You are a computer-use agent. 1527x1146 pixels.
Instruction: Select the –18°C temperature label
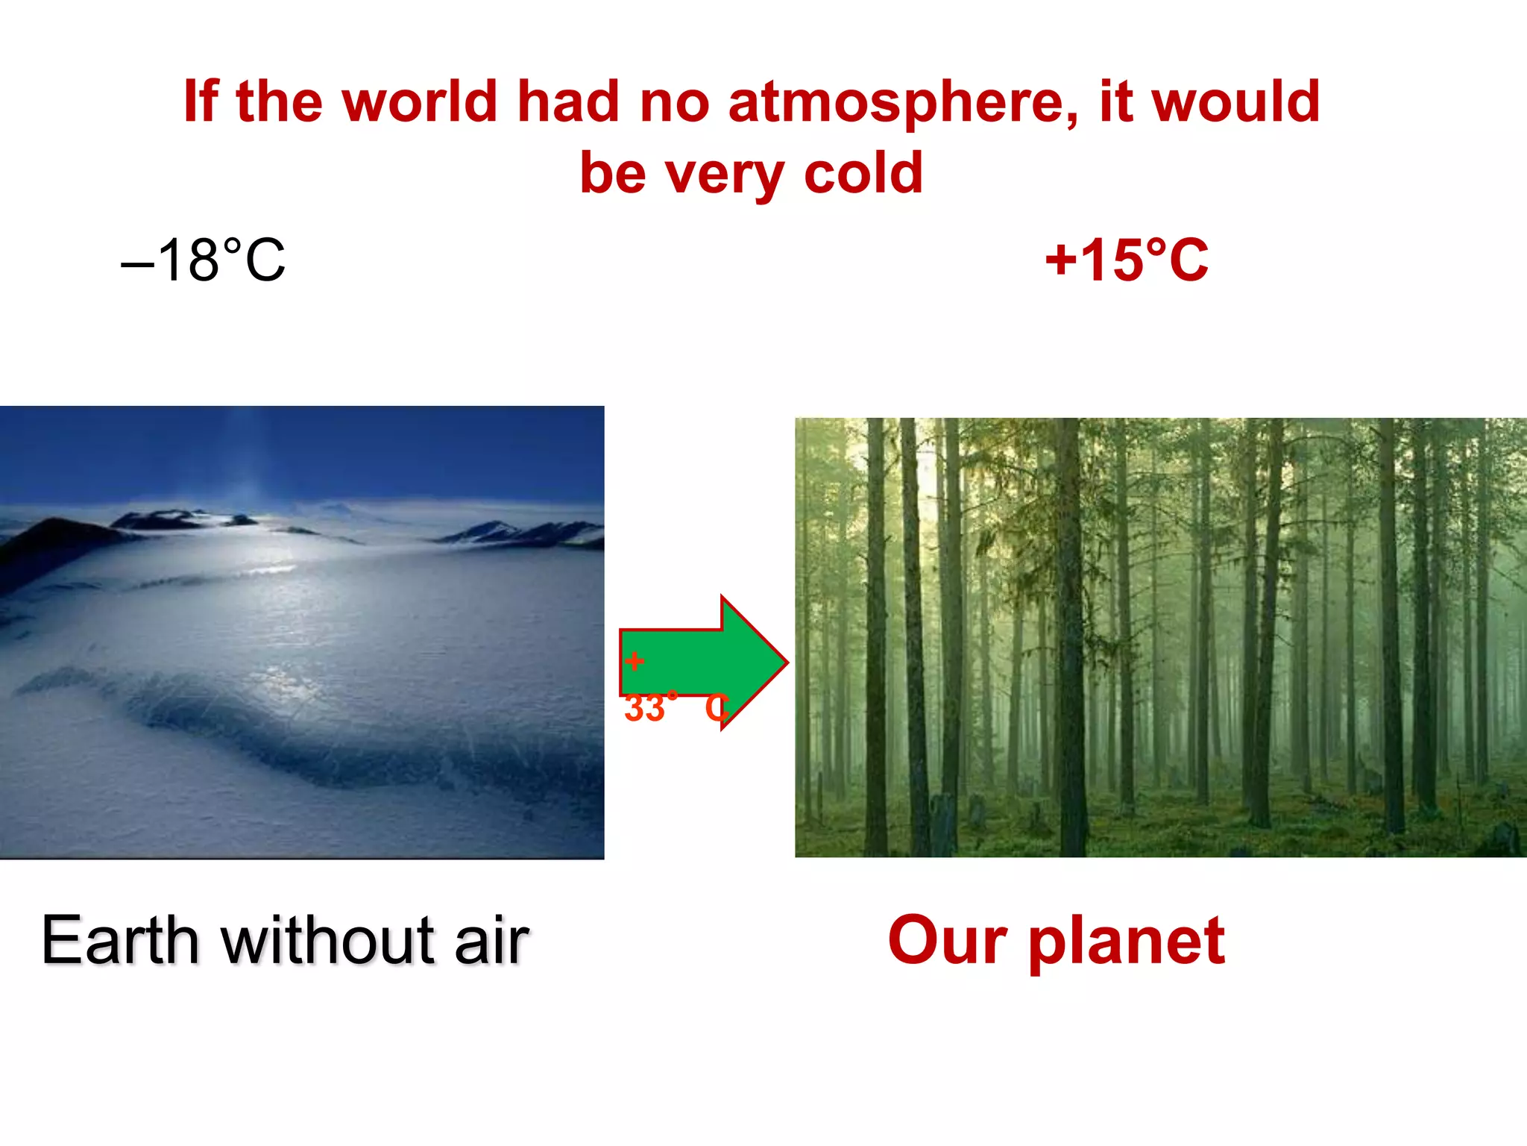[203, 260]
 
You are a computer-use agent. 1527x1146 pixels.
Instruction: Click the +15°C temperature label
[1127, 260]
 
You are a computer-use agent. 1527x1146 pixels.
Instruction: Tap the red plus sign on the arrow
[635, 661]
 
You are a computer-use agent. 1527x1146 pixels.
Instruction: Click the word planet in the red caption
[1127, 942]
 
